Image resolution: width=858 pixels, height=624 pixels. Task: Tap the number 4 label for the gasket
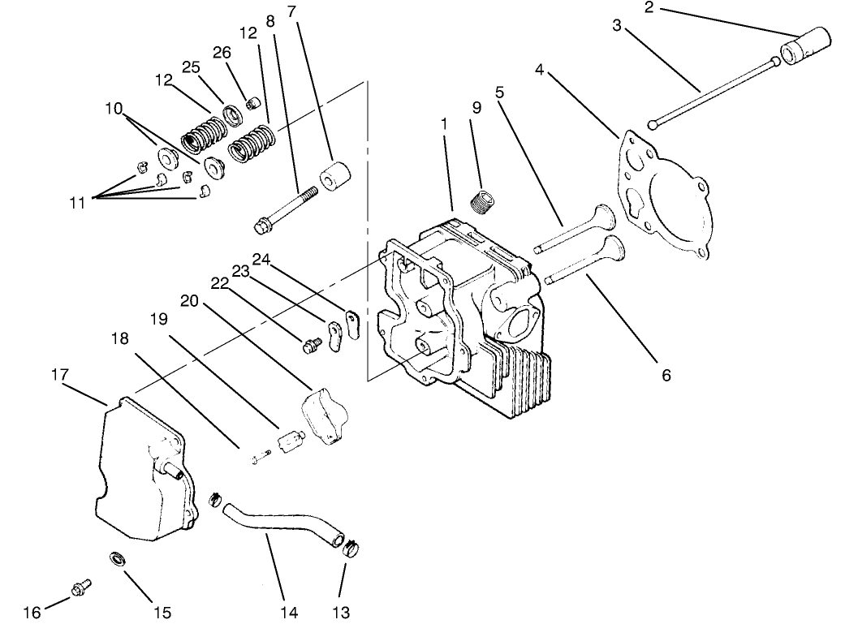pos(539,71)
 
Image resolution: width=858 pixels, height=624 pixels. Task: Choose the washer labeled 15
pos(117,558)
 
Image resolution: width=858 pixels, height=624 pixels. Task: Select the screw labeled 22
pos(308,346)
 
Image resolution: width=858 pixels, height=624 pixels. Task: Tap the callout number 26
pos(222,53)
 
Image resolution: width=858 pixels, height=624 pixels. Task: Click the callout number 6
pos(666,376)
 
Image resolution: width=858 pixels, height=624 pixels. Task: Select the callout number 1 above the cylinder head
pos(444,124)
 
